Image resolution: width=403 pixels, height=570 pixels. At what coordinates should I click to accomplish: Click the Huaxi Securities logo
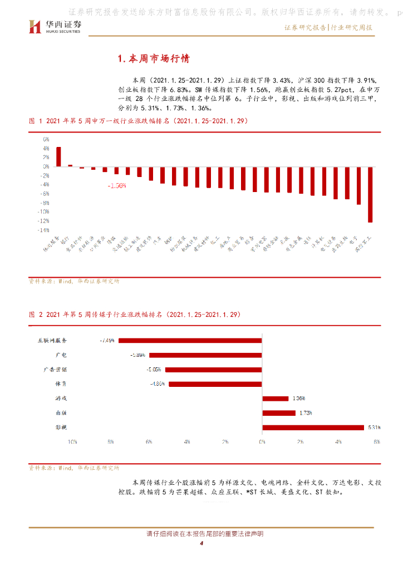click(x=55, y=26)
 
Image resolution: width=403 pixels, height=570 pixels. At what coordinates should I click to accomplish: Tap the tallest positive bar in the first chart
click(x=58, y=156)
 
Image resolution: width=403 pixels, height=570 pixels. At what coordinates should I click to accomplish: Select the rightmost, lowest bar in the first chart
click(x=370, y=194)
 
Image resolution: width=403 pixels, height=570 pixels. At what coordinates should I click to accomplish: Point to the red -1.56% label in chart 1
click(x=117, y=185)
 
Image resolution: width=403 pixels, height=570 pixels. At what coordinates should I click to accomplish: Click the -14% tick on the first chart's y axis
click(x=43, y=229)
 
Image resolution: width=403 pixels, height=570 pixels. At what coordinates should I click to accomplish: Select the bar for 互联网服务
click(x=190, y=340)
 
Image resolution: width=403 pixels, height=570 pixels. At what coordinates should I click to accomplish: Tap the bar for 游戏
click(x=275, y=398)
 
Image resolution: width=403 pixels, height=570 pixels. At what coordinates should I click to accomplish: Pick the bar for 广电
click(x=205, y=355)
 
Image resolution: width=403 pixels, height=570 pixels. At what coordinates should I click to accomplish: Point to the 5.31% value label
click(x=373, y=427)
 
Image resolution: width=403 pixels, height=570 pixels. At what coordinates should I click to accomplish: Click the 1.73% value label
click(x=305, y=413)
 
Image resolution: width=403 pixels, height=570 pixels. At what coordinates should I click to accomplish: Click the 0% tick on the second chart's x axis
click(x=262, y=441)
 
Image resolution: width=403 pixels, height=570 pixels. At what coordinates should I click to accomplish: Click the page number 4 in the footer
click(x=202, y=544)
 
